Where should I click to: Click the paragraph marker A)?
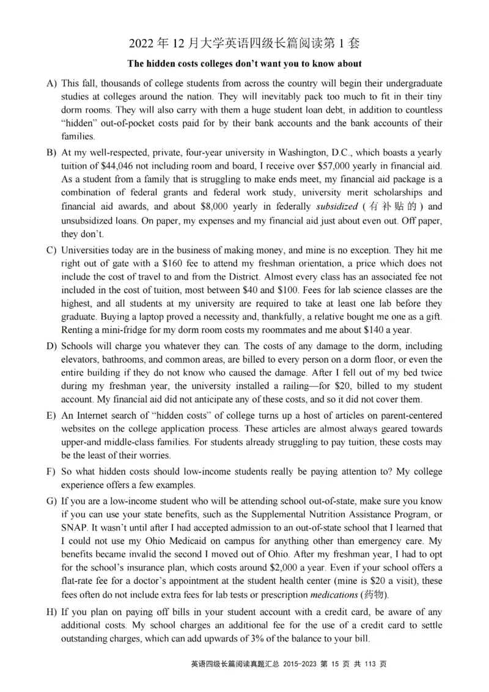(53, 83)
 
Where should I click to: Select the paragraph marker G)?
(53, 501)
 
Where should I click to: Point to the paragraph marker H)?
(53, 612)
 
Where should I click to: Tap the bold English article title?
(244, 64)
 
